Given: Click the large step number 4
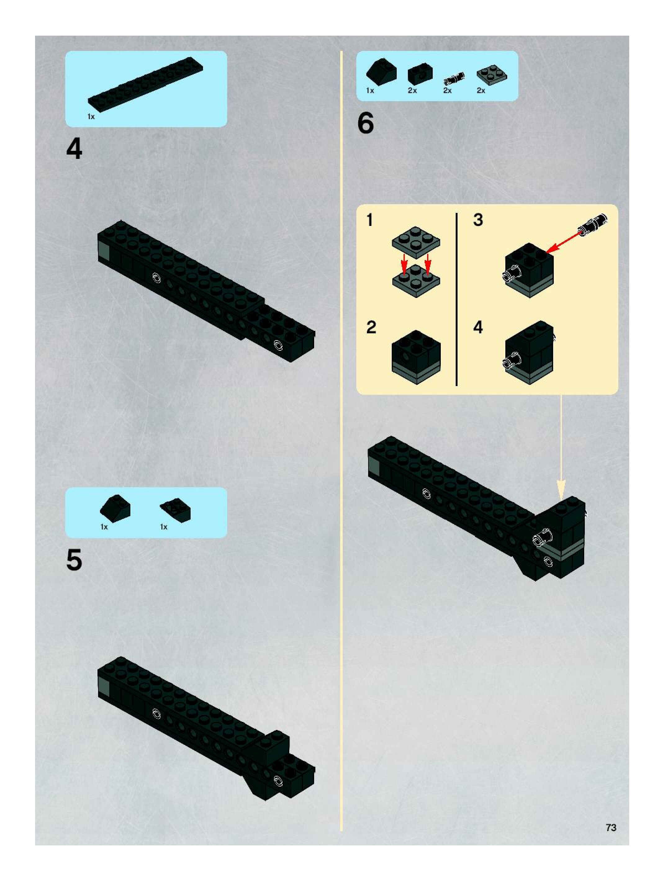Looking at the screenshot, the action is (74, 149).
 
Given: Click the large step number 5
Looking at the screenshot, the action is (74, 560).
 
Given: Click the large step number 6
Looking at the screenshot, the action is (366, 123).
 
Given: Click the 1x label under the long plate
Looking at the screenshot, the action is (91, 116).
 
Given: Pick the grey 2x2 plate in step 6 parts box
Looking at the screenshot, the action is (492, 75).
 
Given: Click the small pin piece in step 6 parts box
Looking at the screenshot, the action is (454, 78).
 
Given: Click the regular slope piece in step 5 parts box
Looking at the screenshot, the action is (115, 508).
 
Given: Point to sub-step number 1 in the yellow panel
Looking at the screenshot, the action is (370, 220).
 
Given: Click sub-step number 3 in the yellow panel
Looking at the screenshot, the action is (478, 220).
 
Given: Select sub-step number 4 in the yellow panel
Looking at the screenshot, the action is (478, 327).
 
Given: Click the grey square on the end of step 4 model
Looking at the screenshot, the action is (104, 252).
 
